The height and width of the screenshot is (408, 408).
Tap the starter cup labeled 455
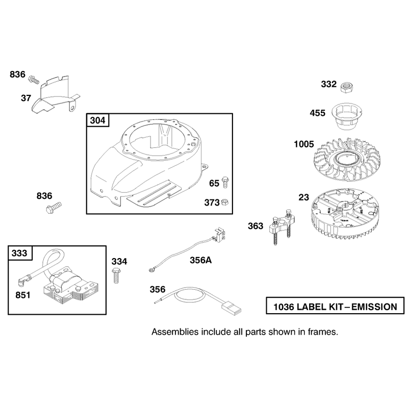(x=347, y=116)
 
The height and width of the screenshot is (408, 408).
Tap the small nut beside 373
(x=225, y=202)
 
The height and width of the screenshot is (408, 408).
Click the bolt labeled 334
(x=116, y=276)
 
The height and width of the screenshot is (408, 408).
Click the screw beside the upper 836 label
(x=34, y=80)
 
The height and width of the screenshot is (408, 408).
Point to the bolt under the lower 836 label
(x=54, y=208)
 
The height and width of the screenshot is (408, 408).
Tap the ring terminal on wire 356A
(x=151, y=270)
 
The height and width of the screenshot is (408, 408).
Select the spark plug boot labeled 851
(x=22, y=281)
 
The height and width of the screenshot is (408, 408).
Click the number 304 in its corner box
(x=97, y=120)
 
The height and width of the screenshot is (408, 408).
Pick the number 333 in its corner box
(x=19, y=253)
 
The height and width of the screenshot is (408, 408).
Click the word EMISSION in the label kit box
(x=374, y=307)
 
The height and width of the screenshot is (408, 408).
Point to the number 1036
(x=284, y=307)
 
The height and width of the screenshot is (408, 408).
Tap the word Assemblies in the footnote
(x=174, y=332)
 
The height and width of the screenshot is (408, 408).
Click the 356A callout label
(x=200, y=260)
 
